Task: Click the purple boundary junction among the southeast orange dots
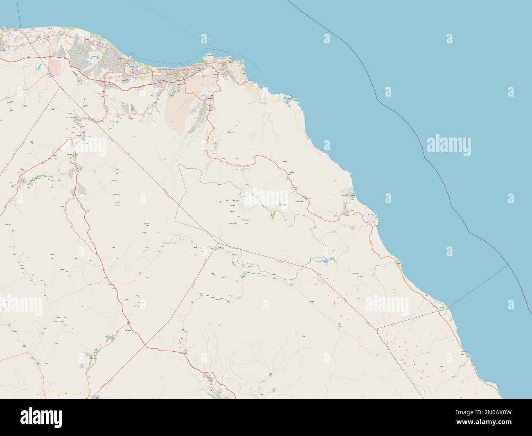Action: tap(376, 328)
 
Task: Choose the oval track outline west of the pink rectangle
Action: tap(29, 63)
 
